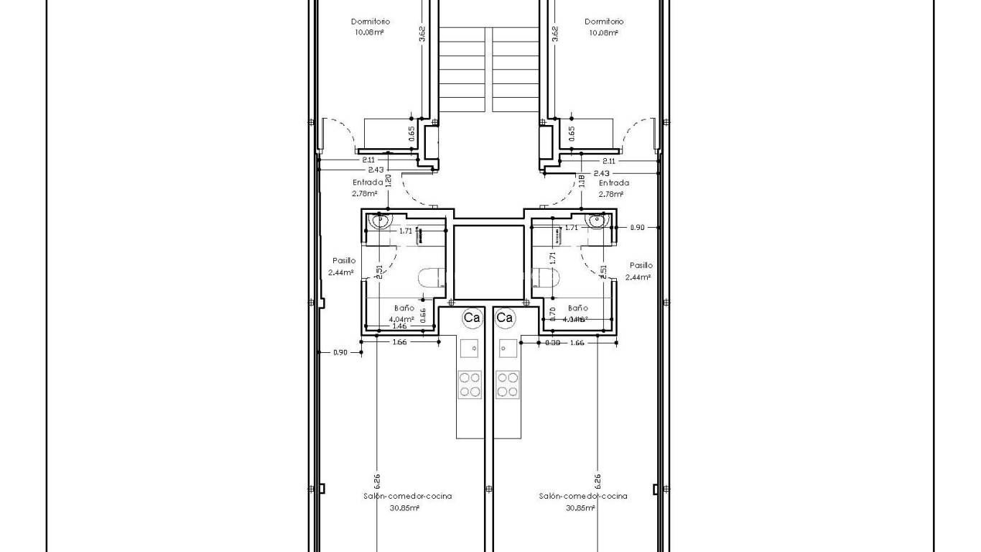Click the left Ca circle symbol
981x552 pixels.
coord(472,317)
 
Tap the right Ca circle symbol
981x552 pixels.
coord(505,317)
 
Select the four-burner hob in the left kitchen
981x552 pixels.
coord(470,385)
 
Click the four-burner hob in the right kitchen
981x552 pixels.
coord(508,385)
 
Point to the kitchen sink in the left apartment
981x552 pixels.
coord(470,348)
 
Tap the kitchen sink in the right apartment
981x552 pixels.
coord(508,348)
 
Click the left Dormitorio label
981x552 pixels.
coord(371,22)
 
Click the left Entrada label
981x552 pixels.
coord(368,183)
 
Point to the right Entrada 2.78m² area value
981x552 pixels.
coord(610,193)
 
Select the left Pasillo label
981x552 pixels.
coord(343,261)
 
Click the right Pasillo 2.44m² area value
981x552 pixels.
coord(638,277)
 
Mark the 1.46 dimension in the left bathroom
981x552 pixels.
coord(399,326)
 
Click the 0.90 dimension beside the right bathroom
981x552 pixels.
coord(637,228)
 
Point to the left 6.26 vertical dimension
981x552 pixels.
coord(377,479)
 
